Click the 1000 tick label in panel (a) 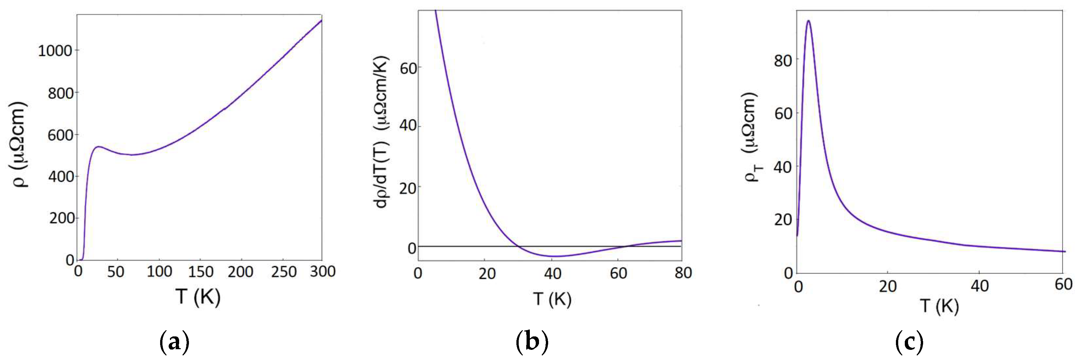tap(55, 51)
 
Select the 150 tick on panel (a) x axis tap(200, 272)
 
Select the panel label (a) tap(175, 342)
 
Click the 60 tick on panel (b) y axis tap(408, 68)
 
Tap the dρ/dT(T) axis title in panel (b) tap(381, 132)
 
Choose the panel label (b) tap(532, 342)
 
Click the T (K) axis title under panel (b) tap(552, 299)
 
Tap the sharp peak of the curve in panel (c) tap(808, 21)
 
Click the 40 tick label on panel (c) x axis tap(979, 286)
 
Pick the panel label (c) tap(909, 342)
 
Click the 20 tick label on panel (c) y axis tap(783, 220)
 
